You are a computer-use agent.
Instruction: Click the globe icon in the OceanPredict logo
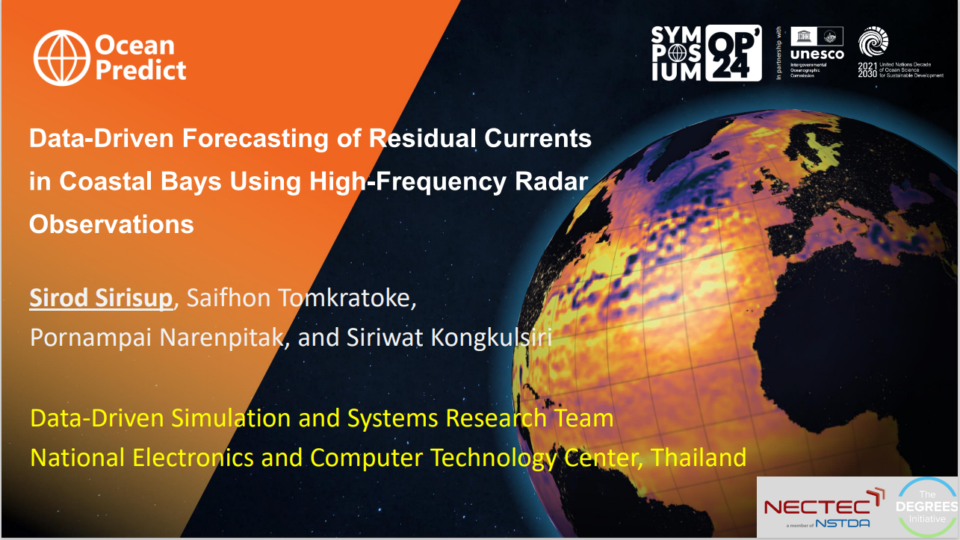(62, 58)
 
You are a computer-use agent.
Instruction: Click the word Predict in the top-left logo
(140, 70)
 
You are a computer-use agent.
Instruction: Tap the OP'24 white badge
(734, 53)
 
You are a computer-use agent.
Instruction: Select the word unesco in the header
(817, 55)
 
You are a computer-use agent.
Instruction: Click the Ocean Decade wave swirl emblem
(873, 42)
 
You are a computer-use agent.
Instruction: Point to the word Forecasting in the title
(255, 139)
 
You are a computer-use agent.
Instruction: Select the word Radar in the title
(551, 181)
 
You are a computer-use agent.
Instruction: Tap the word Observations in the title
(111, 224)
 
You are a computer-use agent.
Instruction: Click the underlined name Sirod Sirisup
(101, 297)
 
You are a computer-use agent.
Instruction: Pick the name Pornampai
(91, 338)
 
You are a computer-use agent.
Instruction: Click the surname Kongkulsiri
(491, 338)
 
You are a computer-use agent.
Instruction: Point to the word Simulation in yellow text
(231, 418)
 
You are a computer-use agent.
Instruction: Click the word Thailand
(698, 457)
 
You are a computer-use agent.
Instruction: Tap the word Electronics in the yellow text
(193, 457)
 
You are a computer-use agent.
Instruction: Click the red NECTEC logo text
(817, 507)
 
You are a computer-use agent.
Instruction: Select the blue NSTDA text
(843, 524)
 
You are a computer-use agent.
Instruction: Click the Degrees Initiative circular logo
(927, 507)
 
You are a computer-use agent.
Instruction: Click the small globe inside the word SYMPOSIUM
(678, 53)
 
